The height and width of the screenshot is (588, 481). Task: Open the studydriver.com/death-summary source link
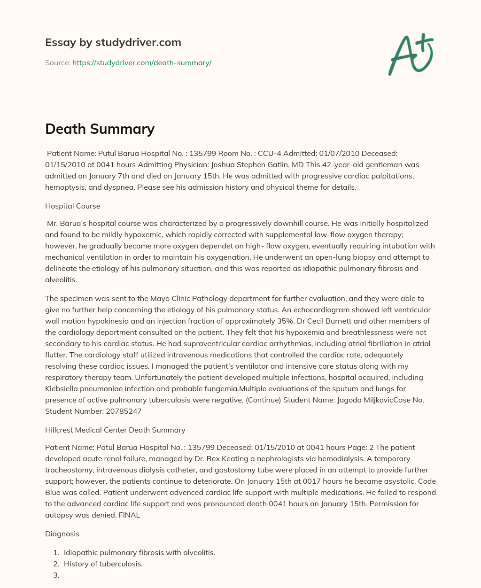[142, 62]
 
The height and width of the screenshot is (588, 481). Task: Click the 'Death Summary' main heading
[100, 128]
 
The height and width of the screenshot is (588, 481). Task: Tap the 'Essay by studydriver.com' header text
[113, 42]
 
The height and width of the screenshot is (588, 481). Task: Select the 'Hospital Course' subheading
[72, 206]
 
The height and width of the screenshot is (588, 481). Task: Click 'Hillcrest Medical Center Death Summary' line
[115, 430]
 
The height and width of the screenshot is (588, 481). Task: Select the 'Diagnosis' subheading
[62, 534]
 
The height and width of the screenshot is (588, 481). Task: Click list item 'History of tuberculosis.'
[103, 564]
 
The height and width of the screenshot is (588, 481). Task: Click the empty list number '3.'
[56, 575]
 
